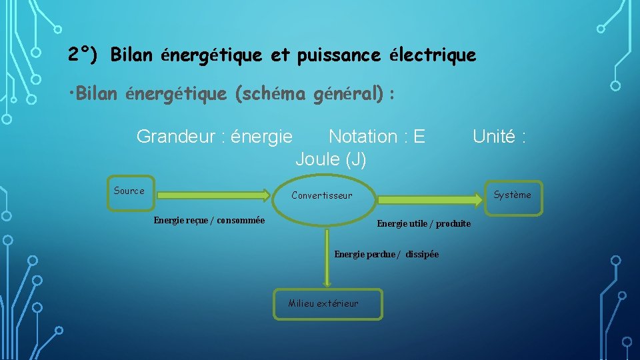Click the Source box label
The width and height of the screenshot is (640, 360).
coord(129,191)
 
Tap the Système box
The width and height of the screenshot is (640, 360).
coord(511,195)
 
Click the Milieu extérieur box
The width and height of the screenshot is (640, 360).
coord(327,304)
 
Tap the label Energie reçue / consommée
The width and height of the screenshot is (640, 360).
coord(209,221)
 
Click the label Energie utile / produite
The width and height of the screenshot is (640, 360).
coord(423,223)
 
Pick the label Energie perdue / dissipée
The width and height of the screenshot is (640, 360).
coord(386,254)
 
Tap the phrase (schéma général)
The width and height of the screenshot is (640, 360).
coord(309,95)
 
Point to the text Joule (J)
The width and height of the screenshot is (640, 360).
coord(331,159)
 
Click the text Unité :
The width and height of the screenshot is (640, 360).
coord(499,137)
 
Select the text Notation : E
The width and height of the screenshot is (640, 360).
coord(377,137)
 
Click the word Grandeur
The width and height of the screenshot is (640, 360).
coord(174,137)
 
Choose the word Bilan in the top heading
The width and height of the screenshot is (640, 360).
coord(132,55)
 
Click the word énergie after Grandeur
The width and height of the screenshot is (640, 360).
coord(261,137)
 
